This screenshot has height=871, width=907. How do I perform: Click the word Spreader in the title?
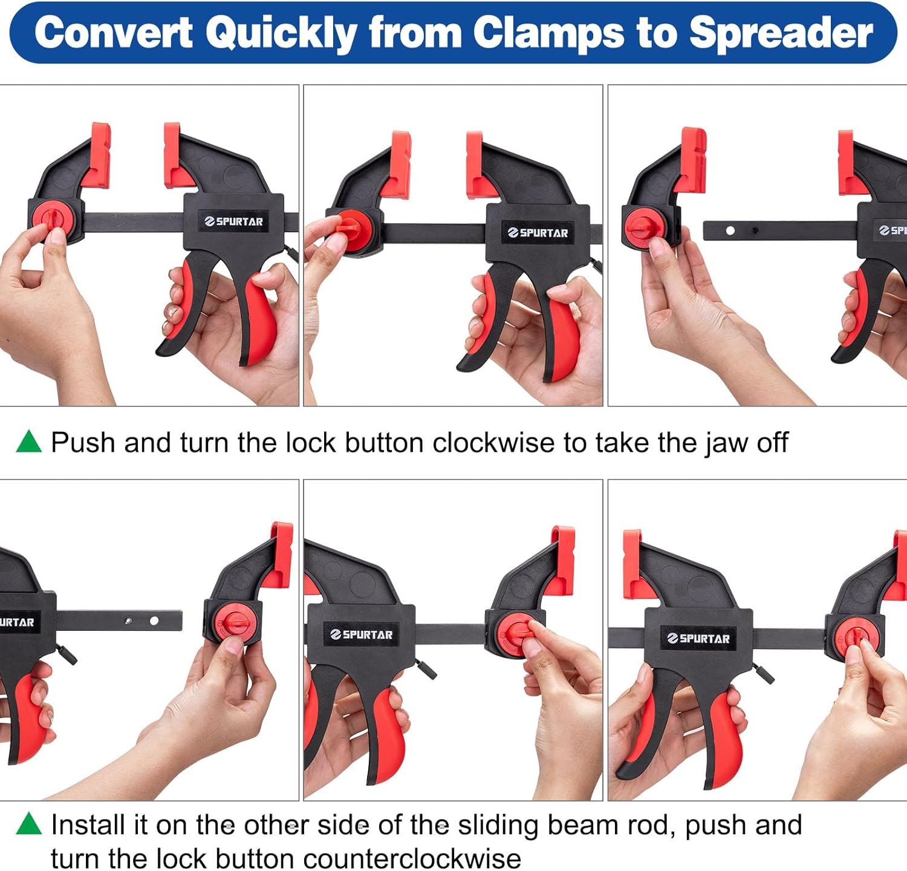coord(781,34)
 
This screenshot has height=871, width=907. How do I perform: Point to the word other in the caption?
coord(274,825)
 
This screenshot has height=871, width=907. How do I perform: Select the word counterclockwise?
coord(412,859)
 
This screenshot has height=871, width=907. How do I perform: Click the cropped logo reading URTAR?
coord(17,622)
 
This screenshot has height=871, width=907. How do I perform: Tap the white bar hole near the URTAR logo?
coord(154,621)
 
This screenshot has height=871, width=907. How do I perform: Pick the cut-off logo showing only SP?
coord(893,230)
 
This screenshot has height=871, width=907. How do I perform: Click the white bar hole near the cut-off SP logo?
coord(730,230)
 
